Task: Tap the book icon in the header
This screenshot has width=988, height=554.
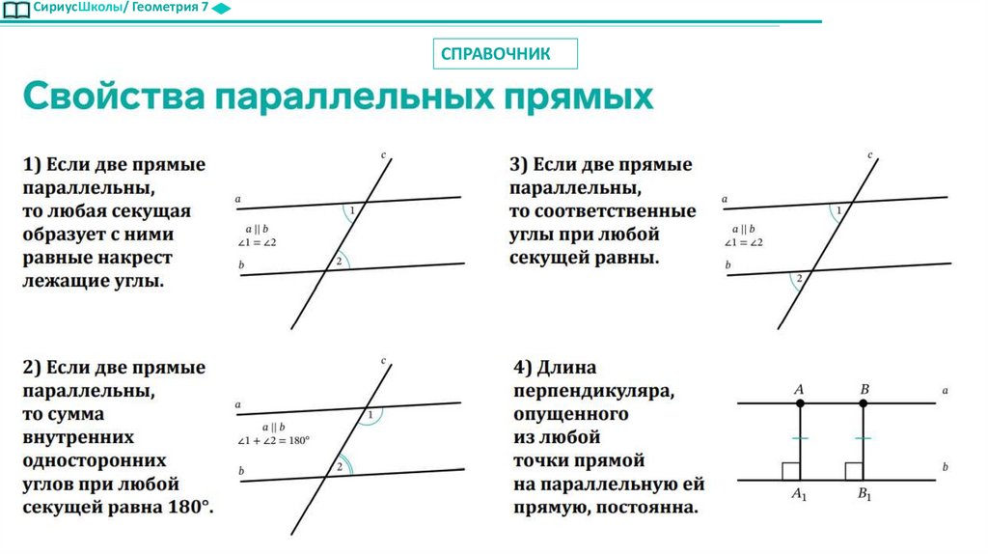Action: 16,10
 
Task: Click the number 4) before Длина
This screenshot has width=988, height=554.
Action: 524,368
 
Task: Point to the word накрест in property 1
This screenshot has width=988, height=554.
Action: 134,259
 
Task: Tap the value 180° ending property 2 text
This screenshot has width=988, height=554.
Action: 189,508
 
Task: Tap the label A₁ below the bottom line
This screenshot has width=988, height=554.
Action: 799,495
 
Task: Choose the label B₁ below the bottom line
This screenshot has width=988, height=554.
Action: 864,495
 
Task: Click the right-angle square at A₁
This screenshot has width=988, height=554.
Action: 790,471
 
